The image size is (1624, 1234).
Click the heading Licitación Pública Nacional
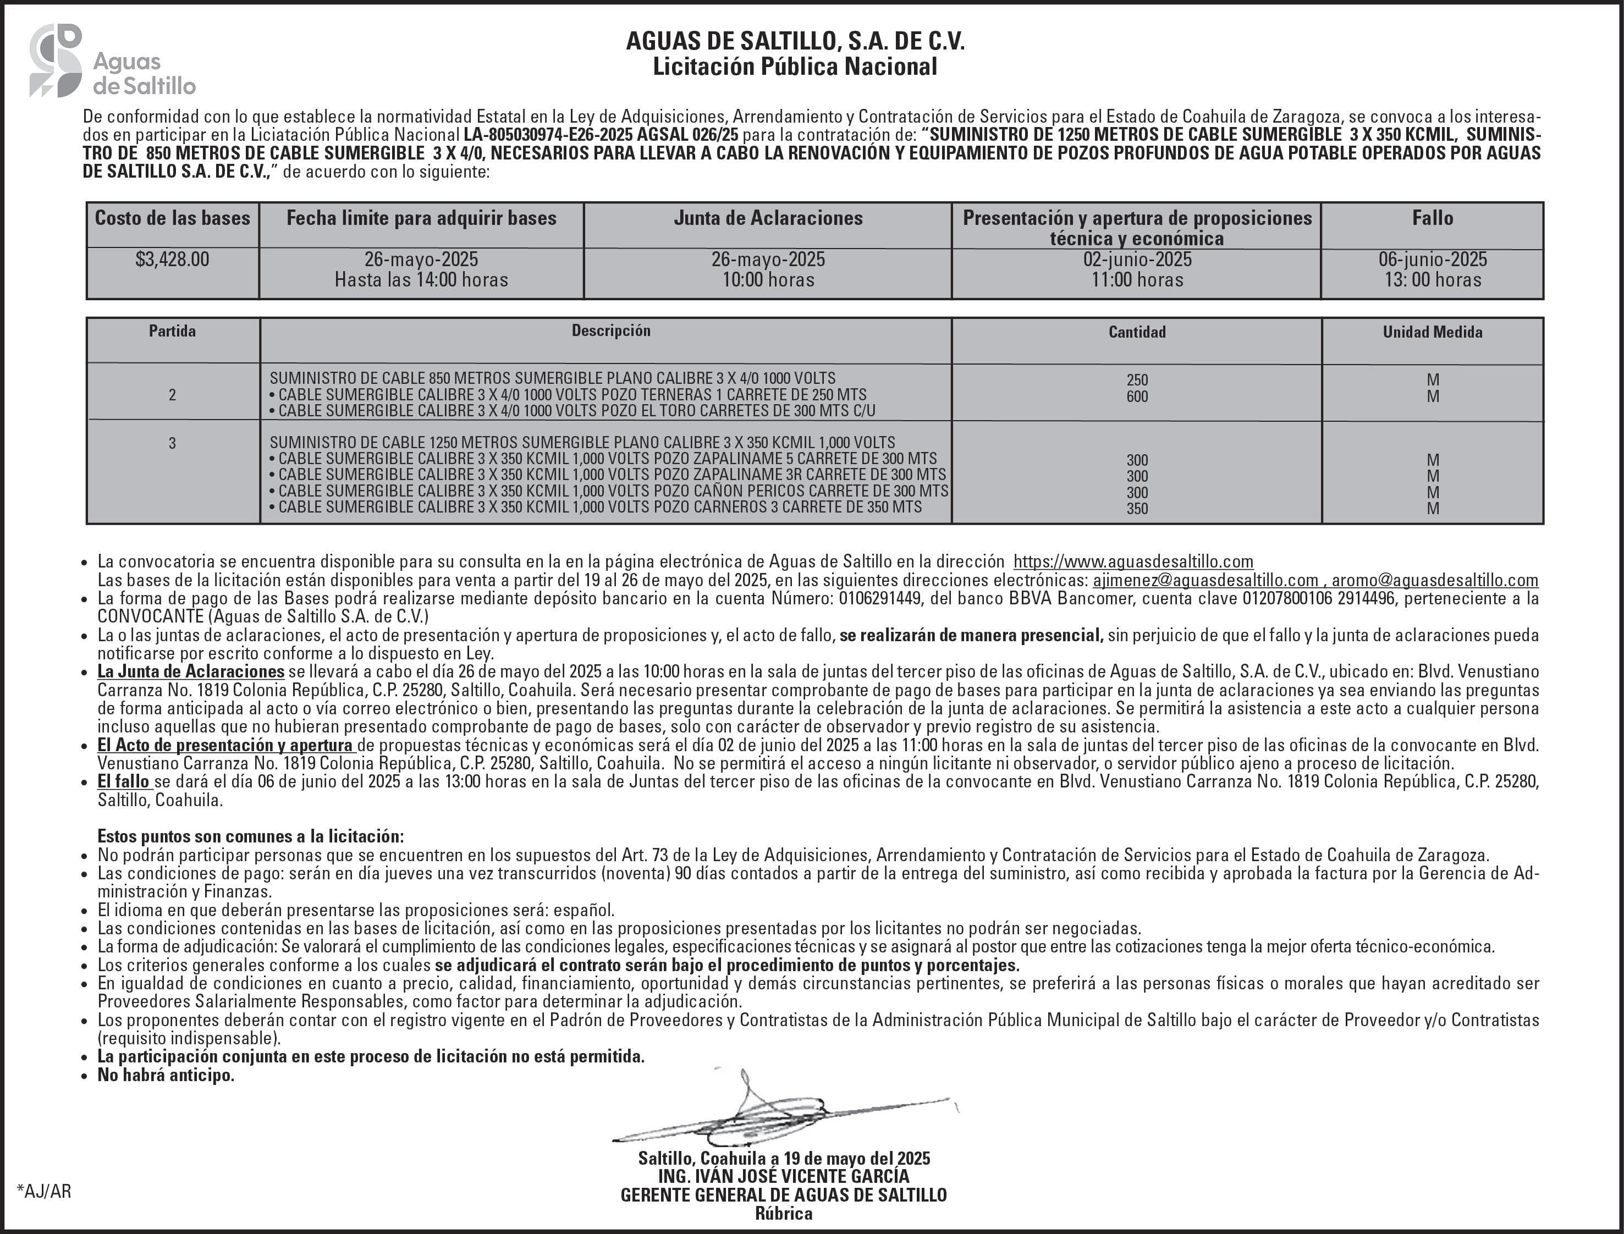[x=795, y=67]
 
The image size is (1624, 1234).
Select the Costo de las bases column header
[x=173, y=218]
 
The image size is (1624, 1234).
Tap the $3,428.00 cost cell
[x=173, y=260]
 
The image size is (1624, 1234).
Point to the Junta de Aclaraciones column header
[x=768, y=218]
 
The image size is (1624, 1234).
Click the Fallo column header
[x=1432, y=218]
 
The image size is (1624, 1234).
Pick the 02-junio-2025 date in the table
[x=1137, y=260]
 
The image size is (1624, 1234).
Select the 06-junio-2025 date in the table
[x=1432, y=260]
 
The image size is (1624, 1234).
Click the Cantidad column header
[x=1137, y=332]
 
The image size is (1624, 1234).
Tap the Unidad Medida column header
[x=1432, y=332]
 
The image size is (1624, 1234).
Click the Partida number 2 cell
[x=173, y=395]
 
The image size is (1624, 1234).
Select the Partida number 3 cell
[x=173, y=443]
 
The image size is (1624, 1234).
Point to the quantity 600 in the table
[x=1137, y=396]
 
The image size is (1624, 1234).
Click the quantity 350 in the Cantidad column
[x=1137, y=508]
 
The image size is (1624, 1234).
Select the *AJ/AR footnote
[x=44, y=1192]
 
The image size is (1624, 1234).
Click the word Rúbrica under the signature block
[x=783, y=1214]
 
